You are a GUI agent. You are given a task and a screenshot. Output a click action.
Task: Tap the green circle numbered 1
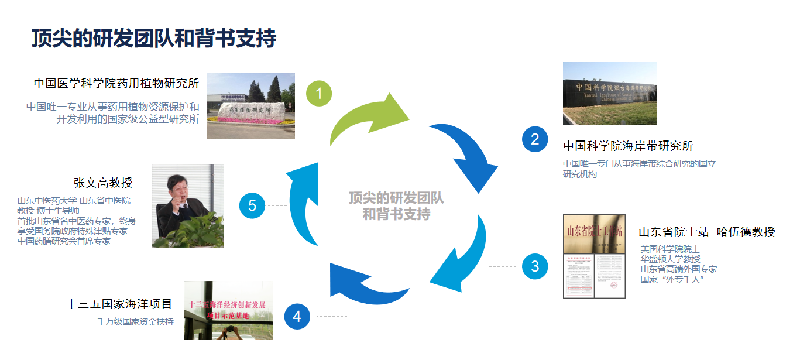[x=319, y=94]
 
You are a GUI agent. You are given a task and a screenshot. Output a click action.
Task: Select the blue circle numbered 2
[x=534, y=139]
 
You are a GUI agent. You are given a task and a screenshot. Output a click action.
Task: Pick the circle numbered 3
[x=534, y=267]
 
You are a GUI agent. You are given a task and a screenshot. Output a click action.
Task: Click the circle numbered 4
[x=297, y=317]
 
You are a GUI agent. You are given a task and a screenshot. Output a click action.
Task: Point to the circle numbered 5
[x=252, y=206]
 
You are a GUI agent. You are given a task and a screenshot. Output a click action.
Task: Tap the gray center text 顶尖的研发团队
[x=396, y=198]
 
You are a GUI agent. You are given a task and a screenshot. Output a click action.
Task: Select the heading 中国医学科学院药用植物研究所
[x=116, y=84]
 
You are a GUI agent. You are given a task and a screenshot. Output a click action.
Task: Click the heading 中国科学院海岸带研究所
[x=628, y=146]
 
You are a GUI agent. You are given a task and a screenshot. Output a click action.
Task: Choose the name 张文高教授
[x=103, y=183]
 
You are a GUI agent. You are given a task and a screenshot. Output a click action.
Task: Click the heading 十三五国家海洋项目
[x=119, y=304]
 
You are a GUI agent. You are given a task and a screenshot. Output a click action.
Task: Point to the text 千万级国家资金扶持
[x=135, y=321]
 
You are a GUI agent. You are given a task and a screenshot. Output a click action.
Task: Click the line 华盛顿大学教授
[x=670, y=259]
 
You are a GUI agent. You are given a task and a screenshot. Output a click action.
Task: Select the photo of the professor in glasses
[x=187, y=205]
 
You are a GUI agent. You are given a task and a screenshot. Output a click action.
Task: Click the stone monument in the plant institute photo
[x=252, y=109]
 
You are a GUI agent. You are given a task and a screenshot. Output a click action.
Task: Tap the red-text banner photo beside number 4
[x=228, y=310]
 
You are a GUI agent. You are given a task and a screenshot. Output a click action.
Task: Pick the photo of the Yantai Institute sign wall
[x=610, y=93]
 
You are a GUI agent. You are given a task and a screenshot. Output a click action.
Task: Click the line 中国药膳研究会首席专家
[x=64, y=241]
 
